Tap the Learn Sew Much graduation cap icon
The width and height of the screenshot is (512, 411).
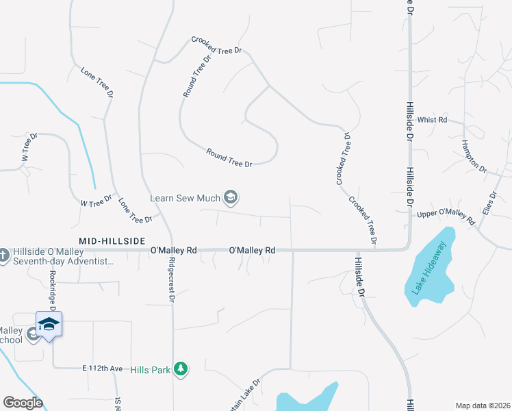coord(231,198)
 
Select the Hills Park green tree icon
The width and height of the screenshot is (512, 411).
coord(180,369)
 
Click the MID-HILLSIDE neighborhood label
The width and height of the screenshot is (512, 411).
coord(112,241)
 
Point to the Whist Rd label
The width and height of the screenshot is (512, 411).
coord(432,120)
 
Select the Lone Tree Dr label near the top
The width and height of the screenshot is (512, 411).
coord(96,82)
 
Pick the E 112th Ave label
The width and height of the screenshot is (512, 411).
coord(103,369)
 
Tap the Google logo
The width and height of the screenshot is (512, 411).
coord(23,403)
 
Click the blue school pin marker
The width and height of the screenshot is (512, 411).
coord(49,323)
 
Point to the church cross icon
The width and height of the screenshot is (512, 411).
coord(3,255)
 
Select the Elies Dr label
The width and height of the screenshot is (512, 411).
coord(488,203)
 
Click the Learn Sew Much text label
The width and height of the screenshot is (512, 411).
coord(185,198)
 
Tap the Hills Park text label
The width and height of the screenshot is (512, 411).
coord(151,369)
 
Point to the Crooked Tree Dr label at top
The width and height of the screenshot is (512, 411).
coord(217,45)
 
